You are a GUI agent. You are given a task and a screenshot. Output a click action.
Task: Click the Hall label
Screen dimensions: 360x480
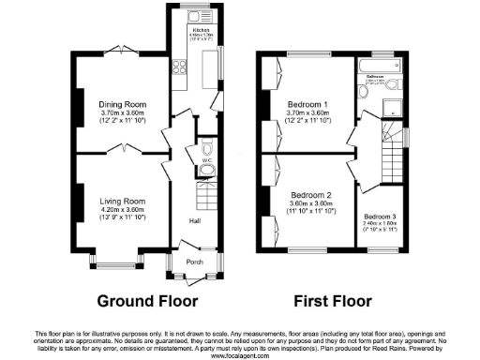tap(194, 220)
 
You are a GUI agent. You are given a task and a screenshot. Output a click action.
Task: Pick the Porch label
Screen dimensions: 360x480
tap(194, 262)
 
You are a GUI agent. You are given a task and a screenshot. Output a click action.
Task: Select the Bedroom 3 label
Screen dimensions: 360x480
tap(381, 217)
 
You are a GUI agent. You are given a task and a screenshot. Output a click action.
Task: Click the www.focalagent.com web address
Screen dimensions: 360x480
tap(240, 356)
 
